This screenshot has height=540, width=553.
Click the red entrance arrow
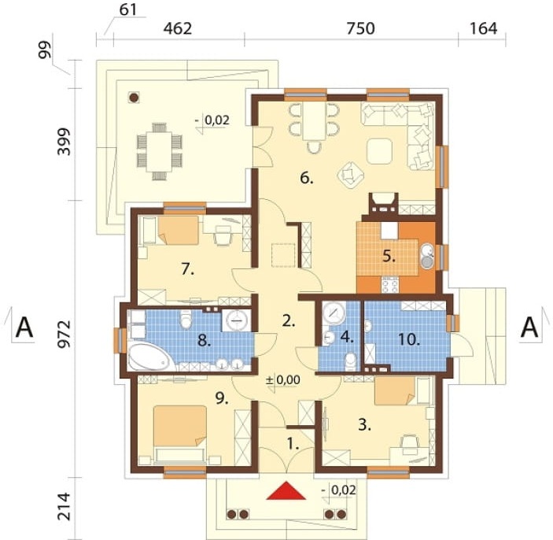(x=286, y=491)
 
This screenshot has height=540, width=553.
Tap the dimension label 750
(x=360, y=28)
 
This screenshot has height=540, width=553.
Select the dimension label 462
(x=178, y=28)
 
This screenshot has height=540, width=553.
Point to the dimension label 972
(x=65, y=335)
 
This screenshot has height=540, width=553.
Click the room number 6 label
(x=307, y=178)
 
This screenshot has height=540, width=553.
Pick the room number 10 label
(x=409, y=339)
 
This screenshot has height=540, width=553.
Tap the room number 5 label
(x=389, y=257)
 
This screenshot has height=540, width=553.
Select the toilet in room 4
(x=350, y=362)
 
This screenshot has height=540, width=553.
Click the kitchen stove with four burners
(x=389, y=284)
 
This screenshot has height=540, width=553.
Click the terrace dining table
(x=160, y=151)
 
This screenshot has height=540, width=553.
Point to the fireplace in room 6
(x=383, y=204)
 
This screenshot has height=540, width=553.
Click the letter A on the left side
(x=24, y=328)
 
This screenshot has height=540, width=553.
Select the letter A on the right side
(x=529, y=328)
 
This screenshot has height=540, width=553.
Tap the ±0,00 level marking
(x=283, y=379)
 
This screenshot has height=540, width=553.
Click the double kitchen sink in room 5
(x=427, y=257)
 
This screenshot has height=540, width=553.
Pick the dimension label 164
(x=483, y=28)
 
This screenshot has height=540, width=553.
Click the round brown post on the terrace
(x=134, y=98)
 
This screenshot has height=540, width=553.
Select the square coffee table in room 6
(x=379, y=151)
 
